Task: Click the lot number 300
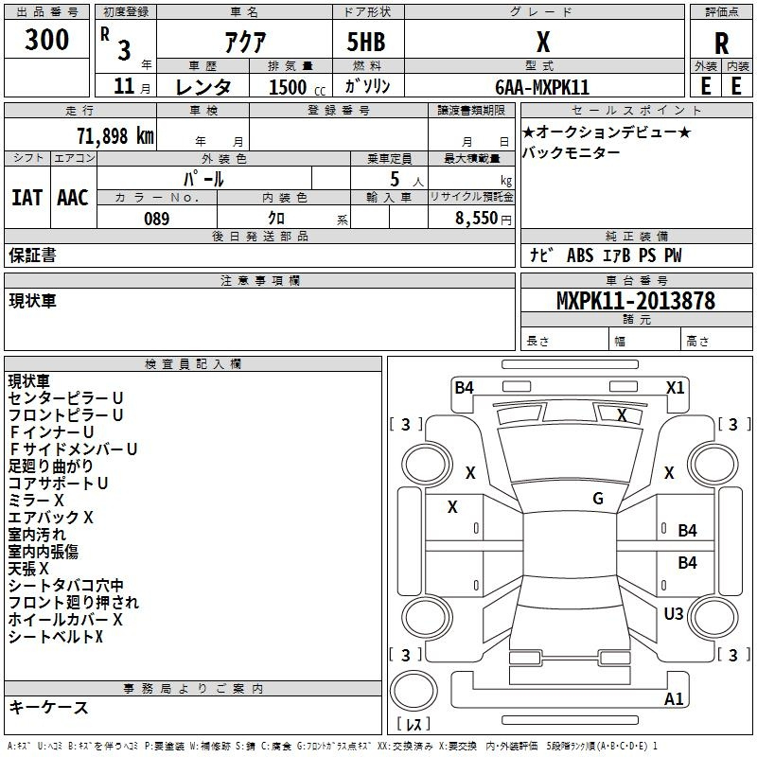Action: pos(46,39)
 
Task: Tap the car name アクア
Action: pos(245,42)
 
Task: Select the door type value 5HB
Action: pos(366,42)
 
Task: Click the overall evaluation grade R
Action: pos(721,44)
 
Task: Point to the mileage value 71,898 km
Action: pos(115,136)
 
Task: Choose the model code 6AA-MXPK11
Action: pos(542,87)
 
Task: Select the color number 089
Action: pos(157,219)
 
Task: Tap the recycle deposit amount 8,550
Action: pos(476,219)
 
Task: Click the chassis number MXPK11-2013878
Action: pos(636,301)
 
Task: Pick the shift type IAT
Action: pos(27,198)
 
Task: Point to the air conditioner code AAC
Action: pos(73,198)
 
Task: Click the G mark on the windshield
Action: pos(598,498)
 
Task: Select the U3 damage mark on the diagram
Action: pos(674,613)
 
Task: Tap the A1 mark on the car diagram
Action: pos(674,698)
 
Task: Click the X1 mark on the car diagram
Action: pos(675,388)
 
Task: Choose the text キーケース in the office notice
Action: pos(48,708)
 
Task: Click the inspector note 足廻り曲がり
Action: pos(51,466)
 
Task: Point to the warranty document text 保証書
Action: pos(32,255)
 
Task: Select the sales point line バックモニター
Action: pos(572,152)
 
